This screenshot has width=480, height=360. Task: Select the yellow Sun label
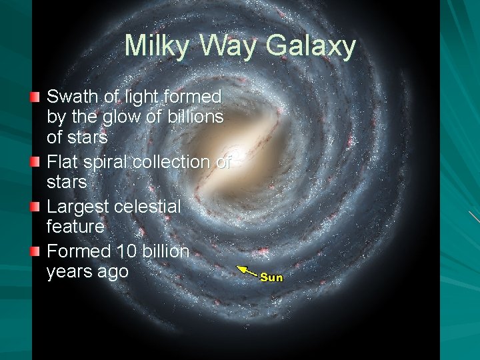271,277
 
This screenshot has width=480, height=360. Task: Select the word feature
75,227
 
